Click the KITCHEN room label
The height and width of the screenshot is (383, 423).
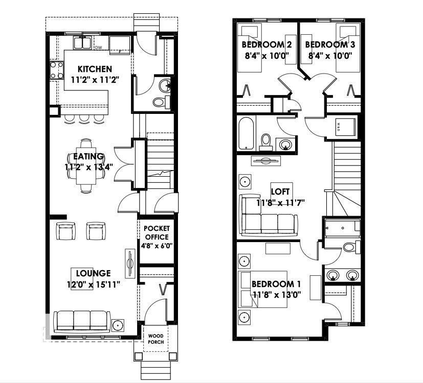click(94, 69)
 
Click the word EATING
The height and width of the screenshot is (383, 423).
click(88, 156)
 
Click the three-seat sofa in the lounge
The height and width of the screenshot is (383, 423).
click(82, 321)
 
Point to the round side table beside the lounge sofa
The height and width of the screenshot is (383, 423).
click(118, 325)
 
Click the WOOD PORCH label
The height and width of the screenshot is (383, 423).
click(157, 339)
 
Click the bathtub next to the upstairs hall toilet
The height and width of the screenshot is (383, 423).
click(247, 133)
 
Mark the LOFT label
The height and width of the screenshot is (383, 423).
click(280, 192)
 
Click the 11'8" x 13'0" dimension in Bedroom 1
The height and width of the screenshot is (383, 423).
click(277, 295)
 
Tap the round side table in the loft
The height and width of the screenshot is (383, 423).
click(246, 181)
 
